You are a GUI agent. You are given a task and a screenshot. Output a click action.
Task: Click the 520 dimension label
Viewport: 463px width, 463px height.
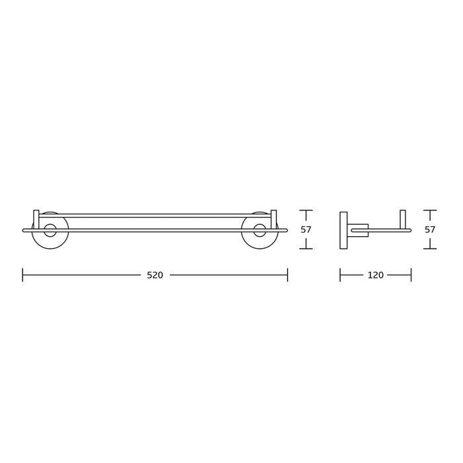pos(155,275)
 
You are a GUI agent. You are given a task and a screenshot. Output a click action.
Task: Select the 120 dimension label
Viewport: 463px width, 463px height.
pos(376,275)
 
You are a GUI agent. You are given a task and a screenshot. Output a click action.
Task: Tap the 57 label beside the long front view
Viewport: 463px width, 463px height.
pos(306,230)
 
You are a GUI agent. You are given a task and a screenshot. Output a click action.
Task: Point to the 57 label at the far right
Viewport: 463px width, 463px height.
pos(430,230)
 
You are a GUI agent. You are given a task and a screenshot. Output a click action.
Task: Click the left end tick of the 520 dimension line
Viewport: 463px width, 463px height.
pos(22,275)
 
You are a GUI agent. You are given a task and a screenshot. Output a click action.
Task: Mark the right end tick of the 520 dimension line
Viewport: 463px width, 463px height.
pos(287,275)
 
